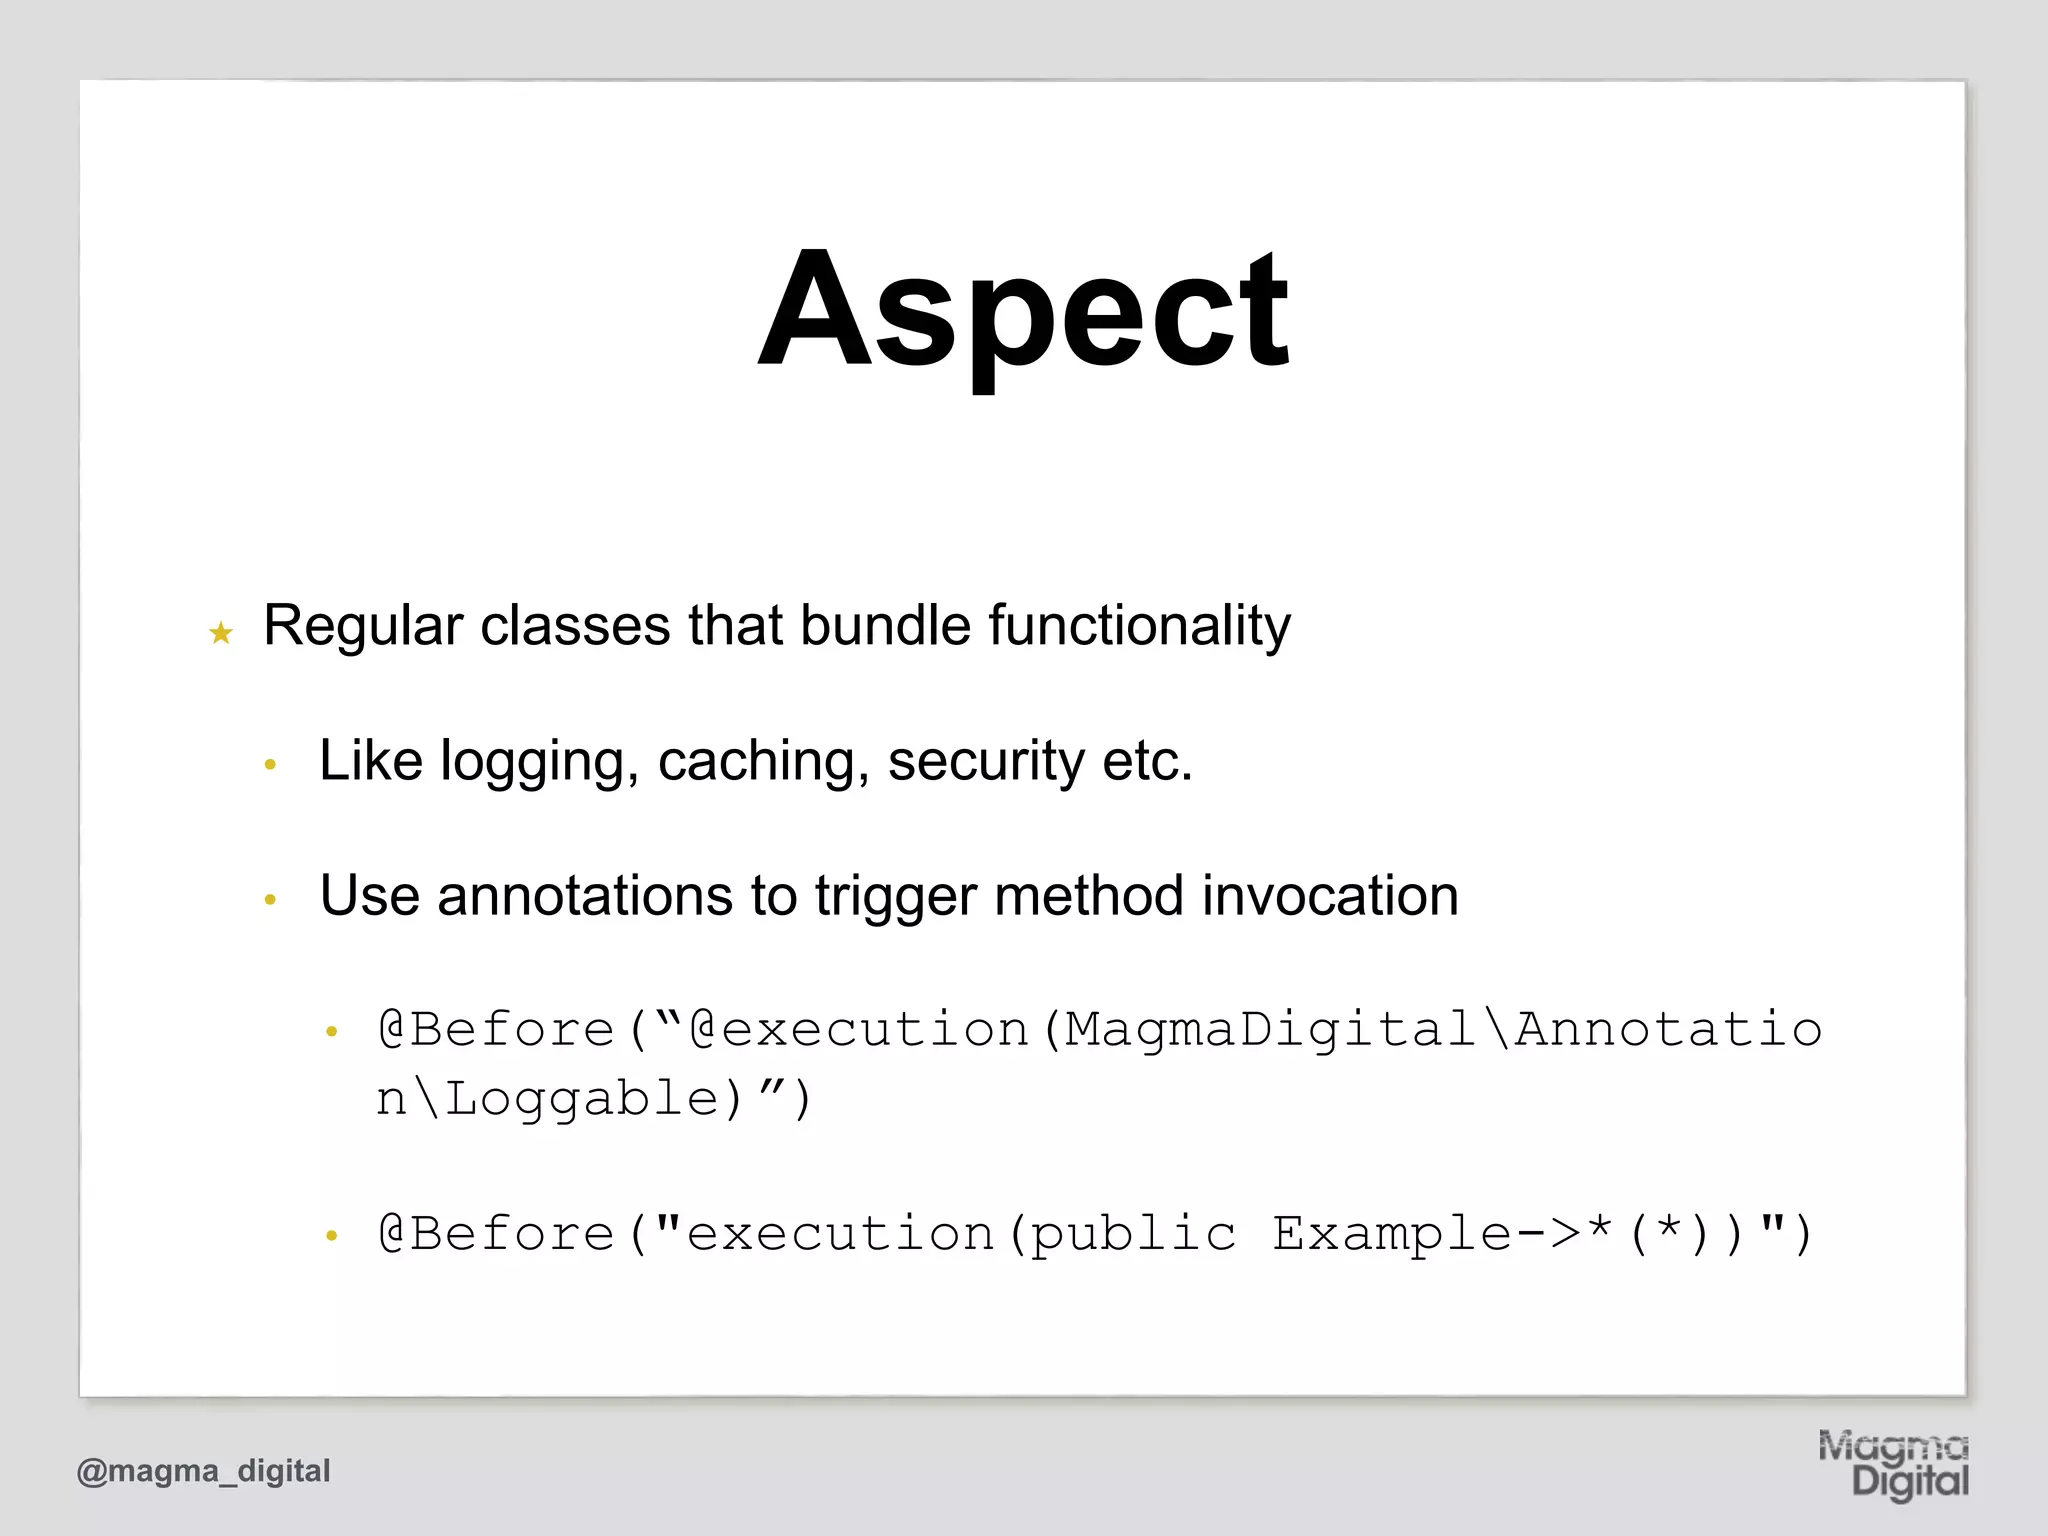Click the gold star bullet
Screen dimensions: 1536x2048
[x=221, y=633]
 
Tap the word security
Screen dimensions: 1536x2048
[x=985, y=762]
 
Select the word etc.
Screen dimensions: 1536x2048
[x=1148, y=762]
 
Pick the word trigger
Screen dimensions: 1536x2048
[x=894, y=896]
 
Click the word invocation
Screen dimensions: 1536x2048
[x=1330, y=896]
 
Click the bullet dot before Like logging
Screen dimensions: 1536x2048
[x=269, y=766]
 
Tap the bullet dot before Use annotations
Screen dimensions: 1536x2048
[x=269, y=900]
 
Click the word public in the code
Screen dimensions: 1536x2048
[x=1133, y=1234]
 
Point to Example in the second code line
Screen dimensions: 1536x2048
[x=1391, y=1234]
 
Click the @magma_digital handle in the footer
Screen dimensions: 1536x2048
[x=203, y=1471]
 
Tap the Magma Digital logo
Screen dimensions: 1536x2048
[x=1893, y=1465]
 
